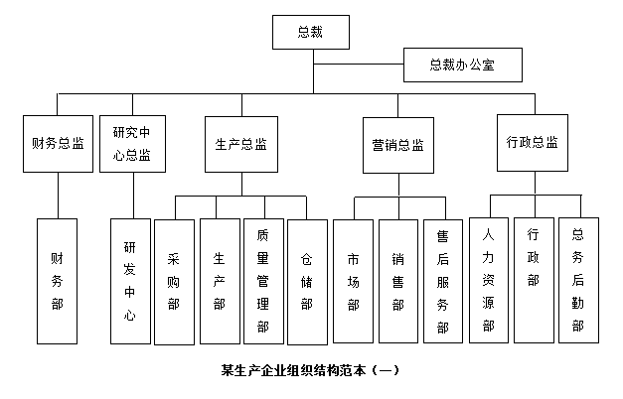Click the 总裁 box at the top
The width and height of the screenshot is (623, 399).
311,32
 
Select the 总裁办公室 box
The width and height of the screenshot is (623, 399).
462,66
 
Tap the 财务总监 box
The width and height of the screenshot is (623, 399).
58,144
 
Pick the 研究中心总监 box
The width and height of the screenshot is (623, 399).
131,144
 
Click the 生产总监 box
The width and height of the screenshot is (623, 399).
241,144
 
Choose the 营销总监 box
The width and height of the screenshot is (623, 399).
397,145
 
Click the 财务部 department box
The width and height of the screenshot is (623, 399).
58,281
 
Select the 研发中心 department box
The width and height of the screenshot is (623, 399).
131,281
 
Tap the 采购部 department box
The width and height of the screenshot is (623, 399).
175,281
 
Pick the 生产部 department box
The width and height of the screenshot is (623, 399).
219,281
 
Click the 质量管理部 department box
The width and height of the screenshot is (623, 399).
262,281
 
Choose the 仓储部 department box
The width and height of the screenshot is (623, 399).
306,281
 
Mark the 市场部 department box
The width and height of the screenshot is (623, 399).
353,281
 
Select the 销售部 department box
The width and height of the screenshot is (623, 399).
397,281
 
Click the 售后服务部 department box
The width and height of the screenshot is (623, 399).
442,281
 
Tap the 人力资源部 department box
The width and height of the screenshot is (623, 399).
488,279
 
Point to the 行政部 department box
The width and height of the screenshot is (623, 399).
533,279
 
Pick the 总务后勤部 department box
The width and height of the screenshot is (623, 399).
577,279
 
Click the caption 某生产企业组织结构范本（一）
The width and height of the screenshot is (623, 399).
311,371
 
